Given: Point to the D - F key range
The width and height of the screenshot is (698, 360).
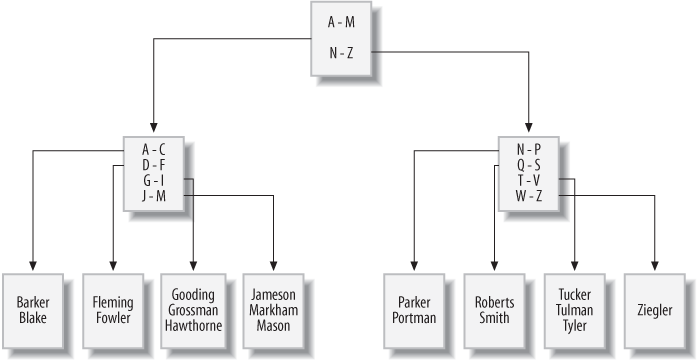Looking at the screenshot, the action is pos(153,165).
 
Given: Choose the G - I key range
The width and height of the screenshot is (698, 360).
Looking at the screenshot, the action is pos(153,180).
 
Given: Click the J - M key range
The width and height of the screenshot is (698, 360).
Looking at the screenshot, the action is pos(153,194).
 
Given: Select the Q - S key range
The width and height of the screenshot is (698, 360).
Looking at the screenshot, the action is pos(528,165).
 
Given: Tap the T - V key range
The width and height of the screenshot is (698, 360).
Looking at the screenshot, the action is pos(528,180).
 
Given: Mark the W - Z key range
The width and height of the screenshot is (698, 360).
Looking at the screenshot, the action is pos(528,194).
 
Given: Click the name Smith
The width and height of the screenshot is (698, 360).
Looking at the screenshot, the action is pos(494,319).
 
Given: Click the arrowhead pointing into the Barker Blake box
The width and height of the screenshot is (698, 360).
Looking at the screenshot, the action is pos(33,264).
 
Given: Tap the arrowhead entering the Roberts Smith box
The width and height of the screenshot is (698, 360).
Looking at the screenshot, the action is pos(494,264).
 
